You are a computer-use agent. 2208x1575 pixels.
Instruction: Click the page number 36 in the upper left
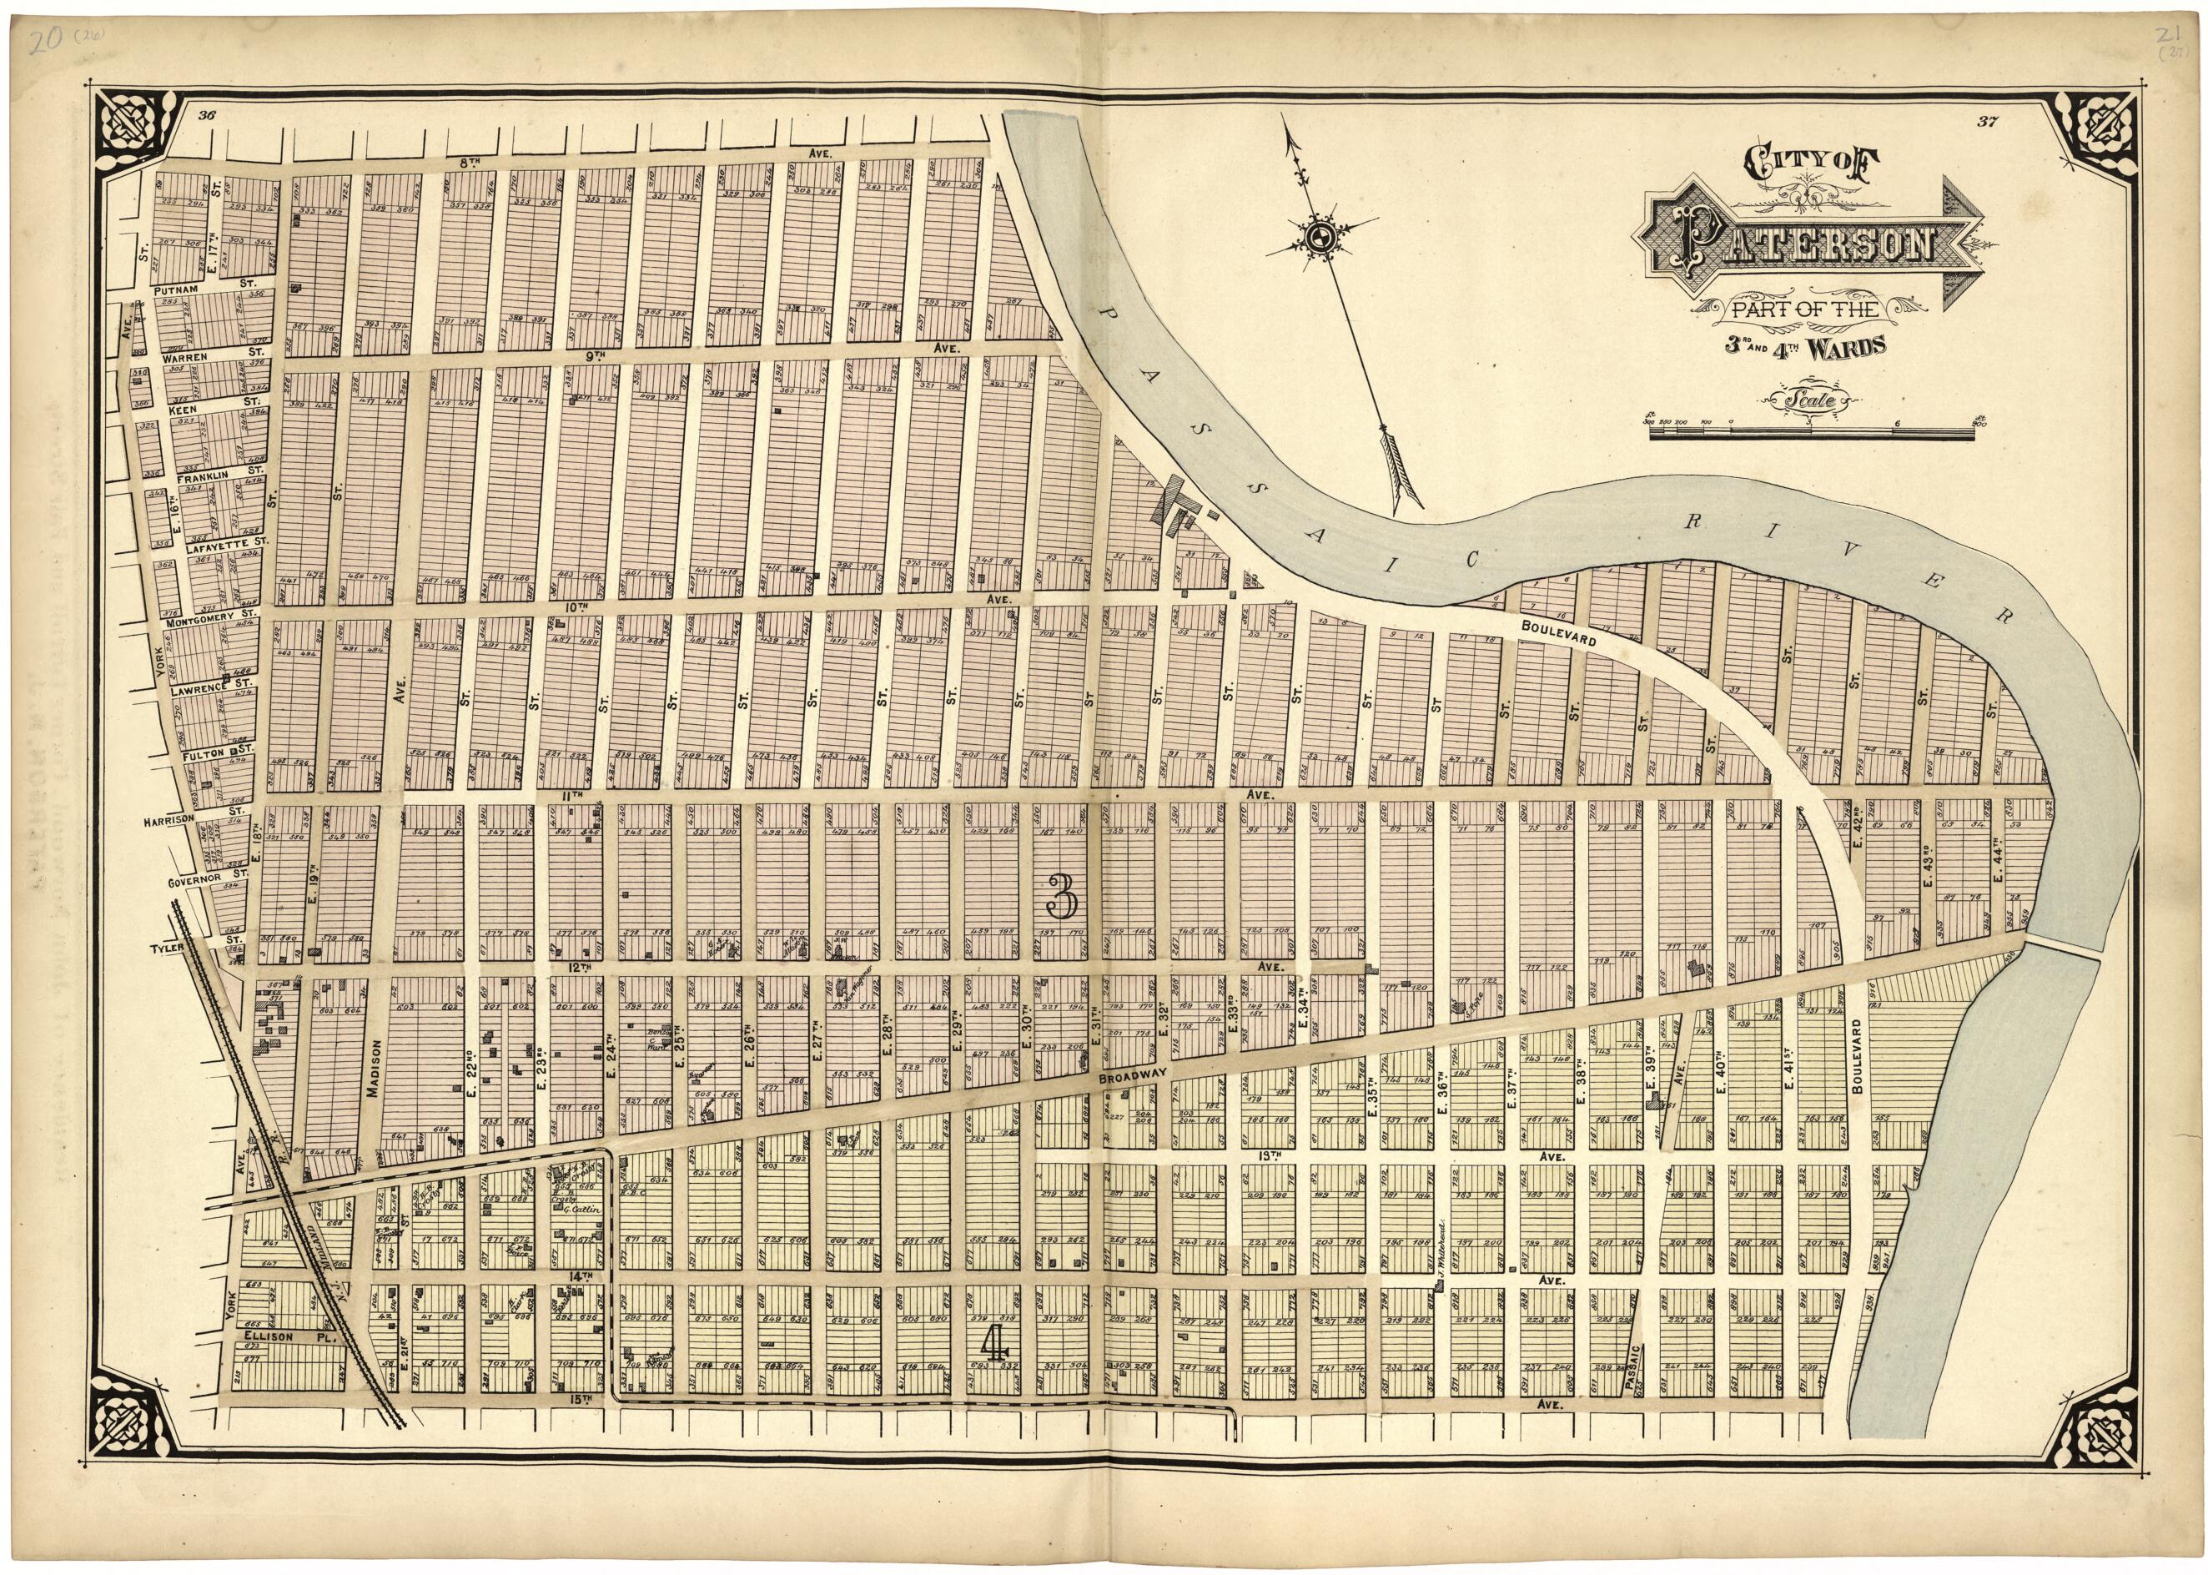pyautogui.click(x=205, y=115)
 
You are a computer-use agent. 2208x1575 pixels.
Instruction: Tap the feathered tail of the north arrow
pyautogui.click(x=1398, y=472)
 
